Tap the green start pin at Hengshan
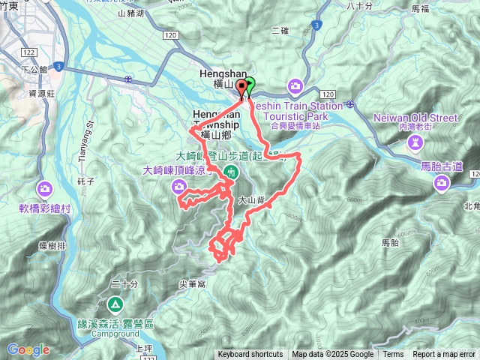click(x=250, y=85)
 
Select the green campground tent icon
click(x=115, y=304)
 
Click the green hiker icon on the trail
click(x=231, y=172)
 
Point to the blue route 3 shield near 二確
click(x=317, y=25)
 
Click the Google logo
click(x=28, y=349)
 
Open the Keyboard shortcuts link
click(x=250, y=355)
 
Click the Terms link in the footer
click(x=393, y=355)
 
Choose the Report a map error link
click(x=445, y=355)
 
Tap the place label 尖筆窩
click(x=192, y=284)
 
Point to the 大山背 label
click(x=252, y=201)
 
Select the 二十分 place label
click(x=124, y=284)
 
